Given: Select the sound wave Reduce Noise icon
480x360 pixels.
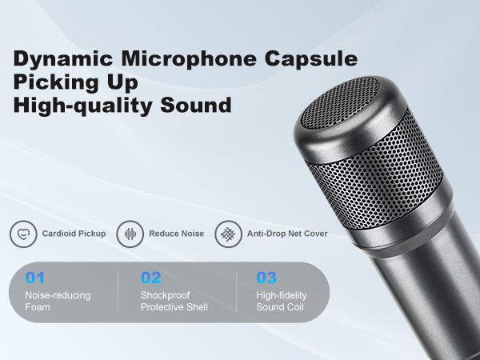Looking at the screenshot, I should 130,234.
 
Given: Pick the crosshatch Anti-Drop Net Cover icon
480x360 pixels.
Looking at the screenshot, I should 227,234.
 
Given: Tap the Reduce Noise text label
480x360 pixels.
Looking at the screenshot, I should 176,234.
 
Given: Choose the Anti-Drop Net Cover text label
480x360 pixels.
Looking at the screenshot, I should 286,234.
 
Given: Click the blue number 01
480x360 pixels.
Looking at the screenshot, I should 36,278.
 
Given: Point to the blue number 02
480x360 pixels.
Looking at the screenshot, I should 151,278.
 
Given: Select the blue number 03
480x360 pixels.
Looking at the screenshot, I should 266,278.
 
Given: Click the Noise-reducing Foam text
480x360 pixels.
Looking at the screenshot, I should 58,302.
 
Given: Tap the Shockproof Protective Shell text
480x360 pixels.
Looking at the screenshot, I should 174,302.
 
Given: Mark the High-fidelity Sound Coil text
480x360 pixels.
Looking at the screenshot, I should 282,302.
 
